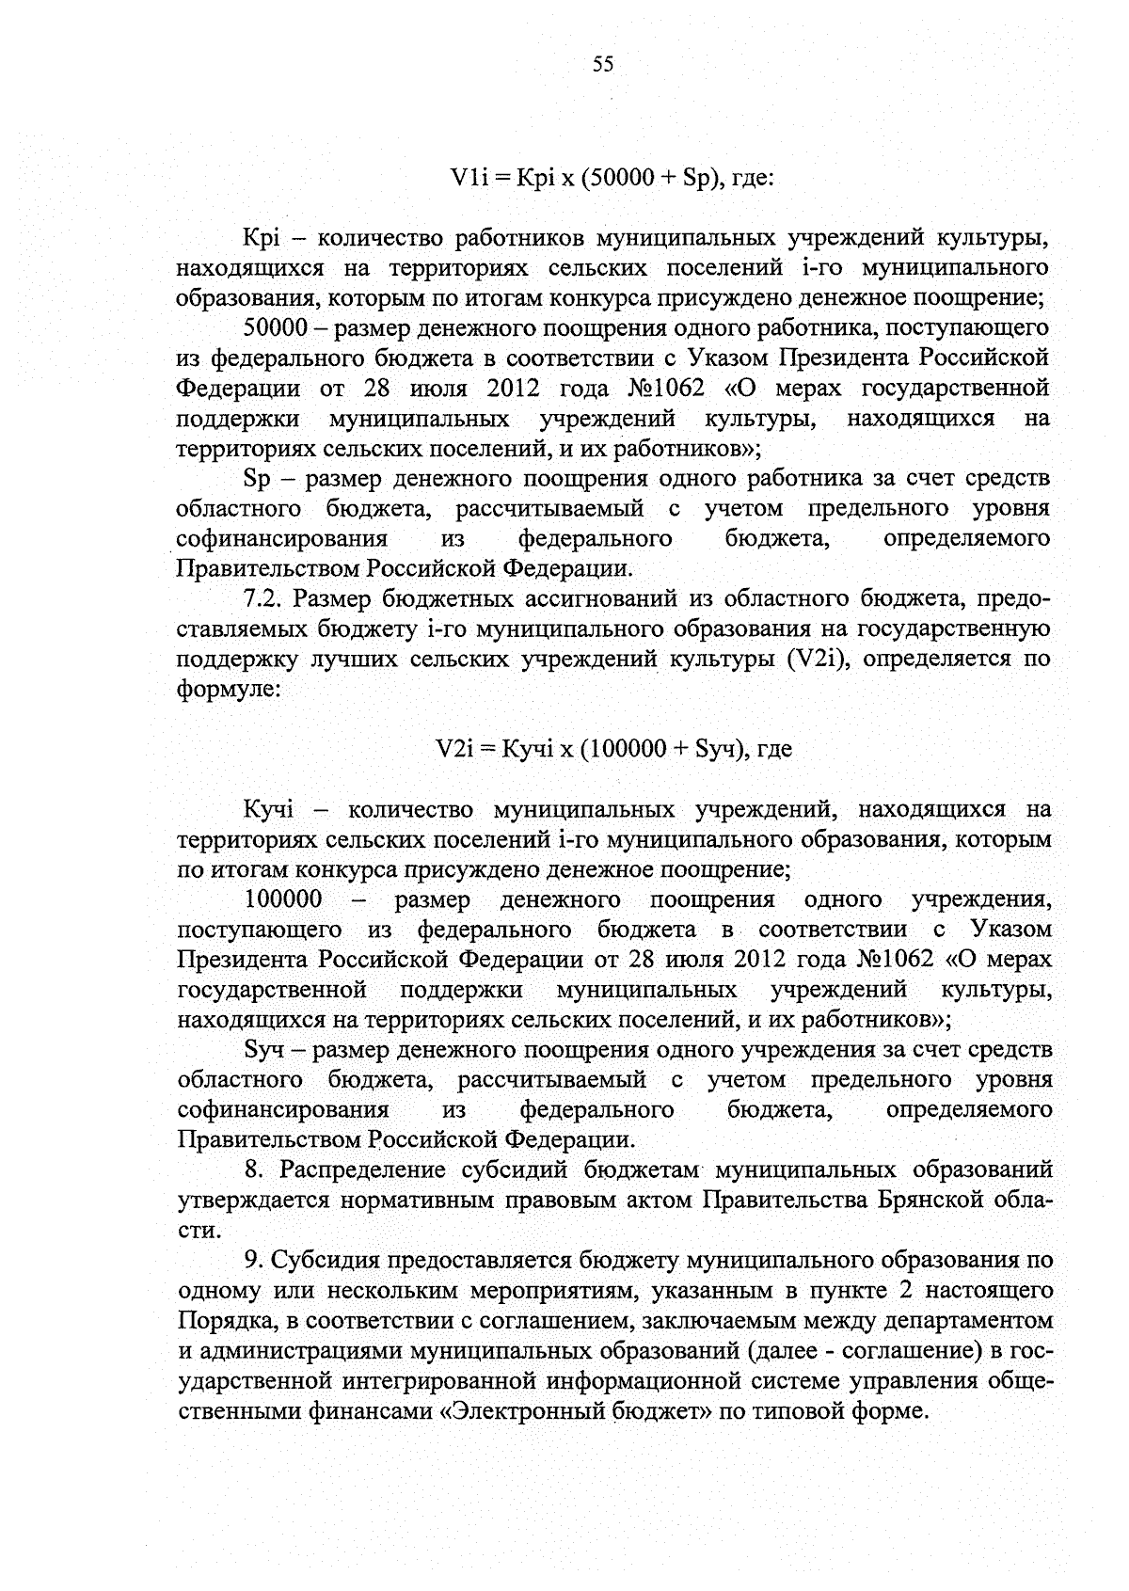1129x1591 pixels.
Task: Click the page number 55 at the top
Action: coord(603,64)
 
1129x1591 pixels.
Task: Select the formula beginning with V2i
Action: coord(613,749)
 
